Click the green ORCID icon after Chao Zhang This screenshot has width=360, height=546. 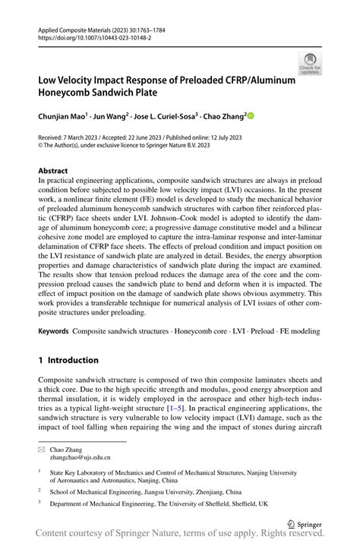click(250, 115)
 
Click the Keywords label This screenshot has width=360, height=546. click(54, 332)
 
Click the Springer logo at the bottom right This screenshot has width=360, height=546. click(303, 523)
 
